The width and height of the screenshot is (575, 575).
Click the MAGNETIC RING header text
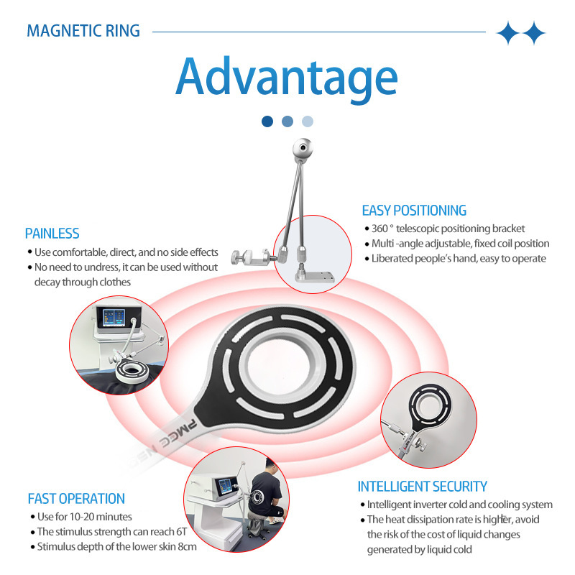click(x=83, y=31)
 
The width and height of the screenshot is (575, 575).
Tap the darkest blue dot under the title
click(x=267, y=121)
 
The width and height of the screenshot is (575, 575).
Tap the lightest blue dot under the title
click(x=308, y=121)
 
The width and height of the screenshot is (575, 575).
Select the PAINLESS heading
click(x=52, y=234)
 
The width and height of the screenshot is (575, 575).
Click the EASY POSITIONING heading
click(x=414, y=211)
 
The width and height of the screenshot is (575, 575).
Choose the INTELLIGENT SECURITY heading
click(x=423, y=487)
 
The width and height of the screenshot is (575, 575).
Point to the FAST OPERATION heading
click(x=76, y=499)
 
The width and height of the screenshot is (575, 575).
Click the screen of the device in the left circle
click(x=113, y=320)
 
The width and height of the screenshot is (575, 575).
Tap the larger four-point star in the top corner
click(x=510, y=32)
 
